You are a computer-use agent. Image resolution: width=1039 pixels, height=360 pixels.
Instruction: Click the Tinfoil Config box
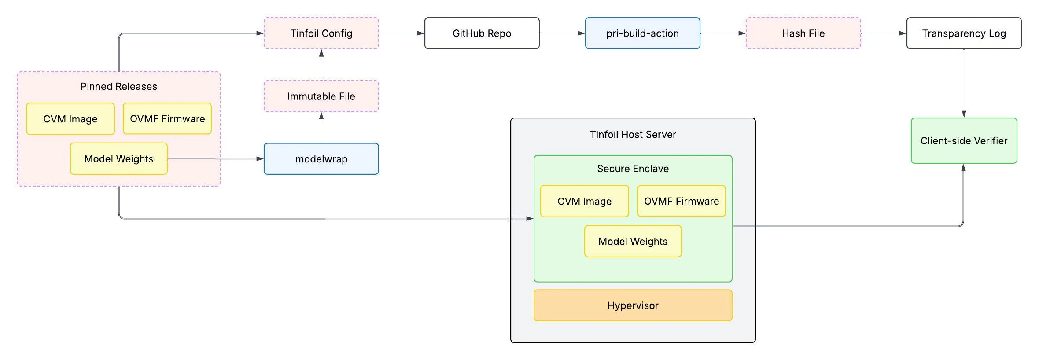click(321, 33)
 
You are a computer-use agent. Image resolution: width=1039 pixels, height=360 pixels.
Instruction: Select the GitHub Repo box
click(482, 33)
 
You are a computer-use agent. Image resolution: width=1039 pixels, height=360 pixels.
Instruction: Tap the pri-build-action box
click(642, 33)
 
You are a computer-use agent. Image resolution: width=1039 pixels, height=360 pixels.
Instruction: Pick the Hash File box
click(803, 33)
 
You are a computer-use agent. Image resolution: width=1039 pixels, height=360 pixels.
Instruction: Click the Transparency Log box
click(964, 33)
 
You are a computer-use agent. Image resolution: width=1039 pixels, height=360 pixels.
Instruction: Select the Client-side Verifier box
click(964, 141)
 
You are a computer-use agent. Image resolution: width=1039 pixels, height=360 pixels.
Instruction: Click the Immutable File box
click(321, 96)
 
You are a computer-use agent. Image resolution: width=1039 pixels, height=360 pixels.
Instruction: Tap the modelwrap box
click(321, 159)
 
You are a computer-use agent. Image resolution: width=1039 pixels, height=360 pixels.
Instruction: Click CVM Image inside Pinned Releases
click(70, 119)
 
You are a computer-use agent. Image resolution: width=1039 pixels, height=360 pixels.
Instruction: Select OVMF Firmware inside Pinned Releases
click(167, 119)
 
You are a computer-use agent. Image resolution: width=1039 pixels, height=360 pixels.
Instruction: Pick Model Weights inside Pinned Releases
click(119, 159)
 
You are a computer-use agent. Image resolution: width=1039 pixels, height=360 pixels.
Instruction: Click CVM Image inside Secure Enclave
click(584, 202)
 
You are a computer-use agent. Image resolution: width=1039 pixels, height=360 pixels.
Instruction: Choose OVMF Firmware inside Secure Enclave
click(681, 202)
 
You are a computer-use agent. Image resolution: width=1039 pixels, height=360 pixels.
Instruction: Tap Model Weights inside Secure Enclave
click(633, 242)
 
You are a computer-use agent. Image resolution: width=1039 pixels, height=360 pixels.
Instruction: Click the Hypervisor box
click(633, 305)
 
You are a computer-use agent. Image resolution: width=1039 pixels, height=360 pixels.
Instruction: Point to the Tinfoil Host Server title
click(633, 135)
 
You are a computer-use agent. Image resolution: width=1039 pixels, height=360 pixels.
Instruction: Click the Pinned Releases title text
click(119, 87)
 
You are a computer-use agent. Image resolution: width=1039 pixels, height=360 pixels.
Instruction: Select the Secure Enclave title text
click(633, 169)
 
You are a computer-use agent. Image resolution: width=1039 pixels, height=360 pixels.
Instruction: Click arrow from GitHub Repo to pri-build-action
click(562, 33)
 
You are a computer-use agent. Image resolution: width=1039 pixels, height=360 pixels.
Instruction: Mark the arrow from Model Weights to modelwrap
click(216, 159)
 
